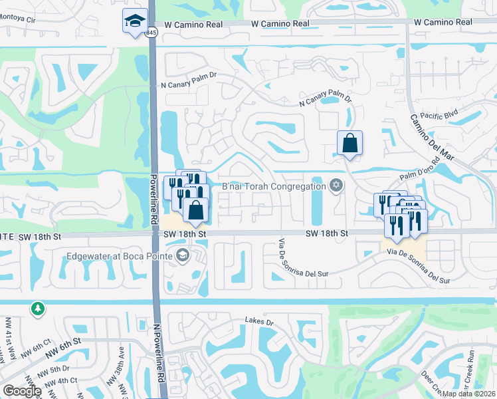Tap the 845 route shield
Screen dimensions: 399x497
click(x=152, y=32)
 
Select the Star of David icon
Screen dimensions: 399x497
click(x=336, y=186)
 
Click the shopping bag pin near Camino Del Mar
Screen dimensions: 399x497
click(x=349, y=142)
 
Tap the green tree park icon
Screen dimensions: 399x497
click(x=37, y=309)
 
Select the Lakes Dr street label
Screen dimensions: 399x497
click(x=260, y=322)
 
